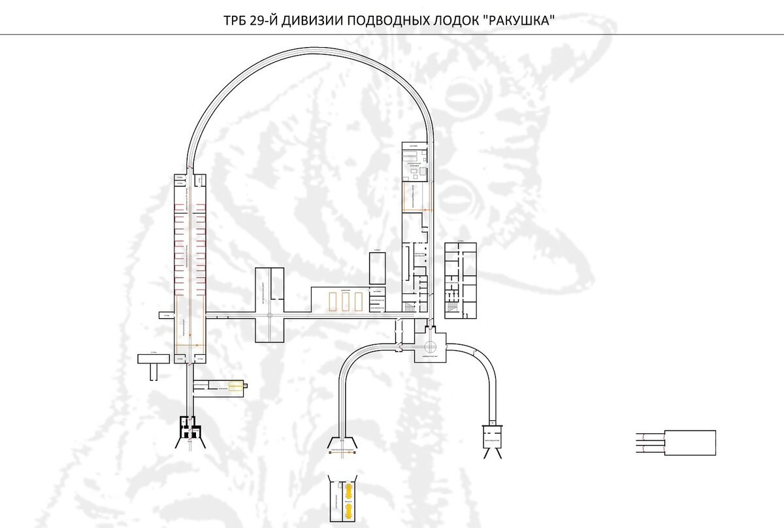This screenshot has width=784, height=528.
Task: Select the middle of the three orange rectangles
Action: (345, 301)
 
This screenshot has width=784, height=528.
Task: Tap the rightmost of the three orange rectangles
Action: (357, 301)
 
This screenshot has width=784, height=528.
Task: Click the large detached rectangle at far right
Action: (690, 442)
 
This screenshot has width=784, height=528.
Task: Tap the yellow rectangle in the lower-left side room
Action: (235, 387)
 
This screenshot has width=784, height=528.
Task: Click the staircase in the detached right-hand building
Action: (450, 286)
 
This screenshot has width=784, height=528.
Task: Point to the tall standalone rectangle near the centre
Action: (378, 268)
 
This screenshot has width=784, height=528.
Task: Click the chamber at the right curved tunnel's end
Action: (492, 435)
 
